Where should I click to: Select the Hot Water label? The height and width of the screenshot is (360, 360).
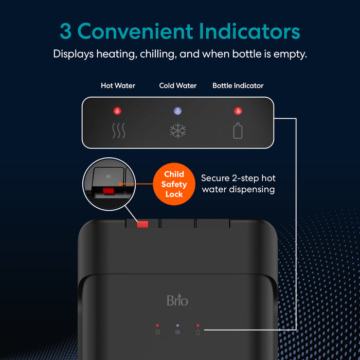coord(118,85)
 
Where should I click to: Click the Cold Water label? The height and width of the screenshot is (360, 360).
coord(178,85)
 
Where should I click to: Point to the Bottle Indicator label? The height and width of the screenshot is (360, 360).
coord(238,85)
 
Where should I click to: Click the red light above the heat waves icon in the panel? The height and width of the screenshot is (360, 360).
coord(117,111)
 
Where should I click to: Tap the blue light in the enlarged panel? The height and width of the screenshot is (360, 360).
coord(178,111)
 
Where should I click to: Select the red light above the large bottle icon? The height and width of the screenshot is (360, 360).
coord(238,111)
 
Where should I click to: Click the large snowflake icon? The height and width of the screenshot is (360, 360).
coord(178,131)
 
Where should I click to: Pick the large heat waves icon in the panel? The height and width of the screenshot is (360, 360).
coord(118,131)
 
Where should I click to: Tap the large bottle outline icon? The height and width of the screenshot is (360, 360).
coord(238,131)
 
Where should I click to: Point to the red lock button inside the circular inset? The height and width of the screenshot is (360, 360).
coord(109,191)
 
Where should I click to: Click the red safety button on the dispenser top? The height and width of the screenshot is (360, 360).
coord(142,224)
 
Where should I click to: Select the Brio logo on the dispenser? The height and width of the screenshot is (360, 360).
coord(177,300)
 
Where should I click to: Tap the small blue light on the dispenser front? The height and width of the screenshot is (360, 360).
coord(177,326)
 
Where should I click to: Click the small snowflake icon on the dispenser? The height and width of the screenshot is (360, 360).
coord(177,332)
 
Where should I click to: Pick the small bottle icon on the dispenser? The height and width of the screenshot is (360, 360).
coord(197,332)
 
